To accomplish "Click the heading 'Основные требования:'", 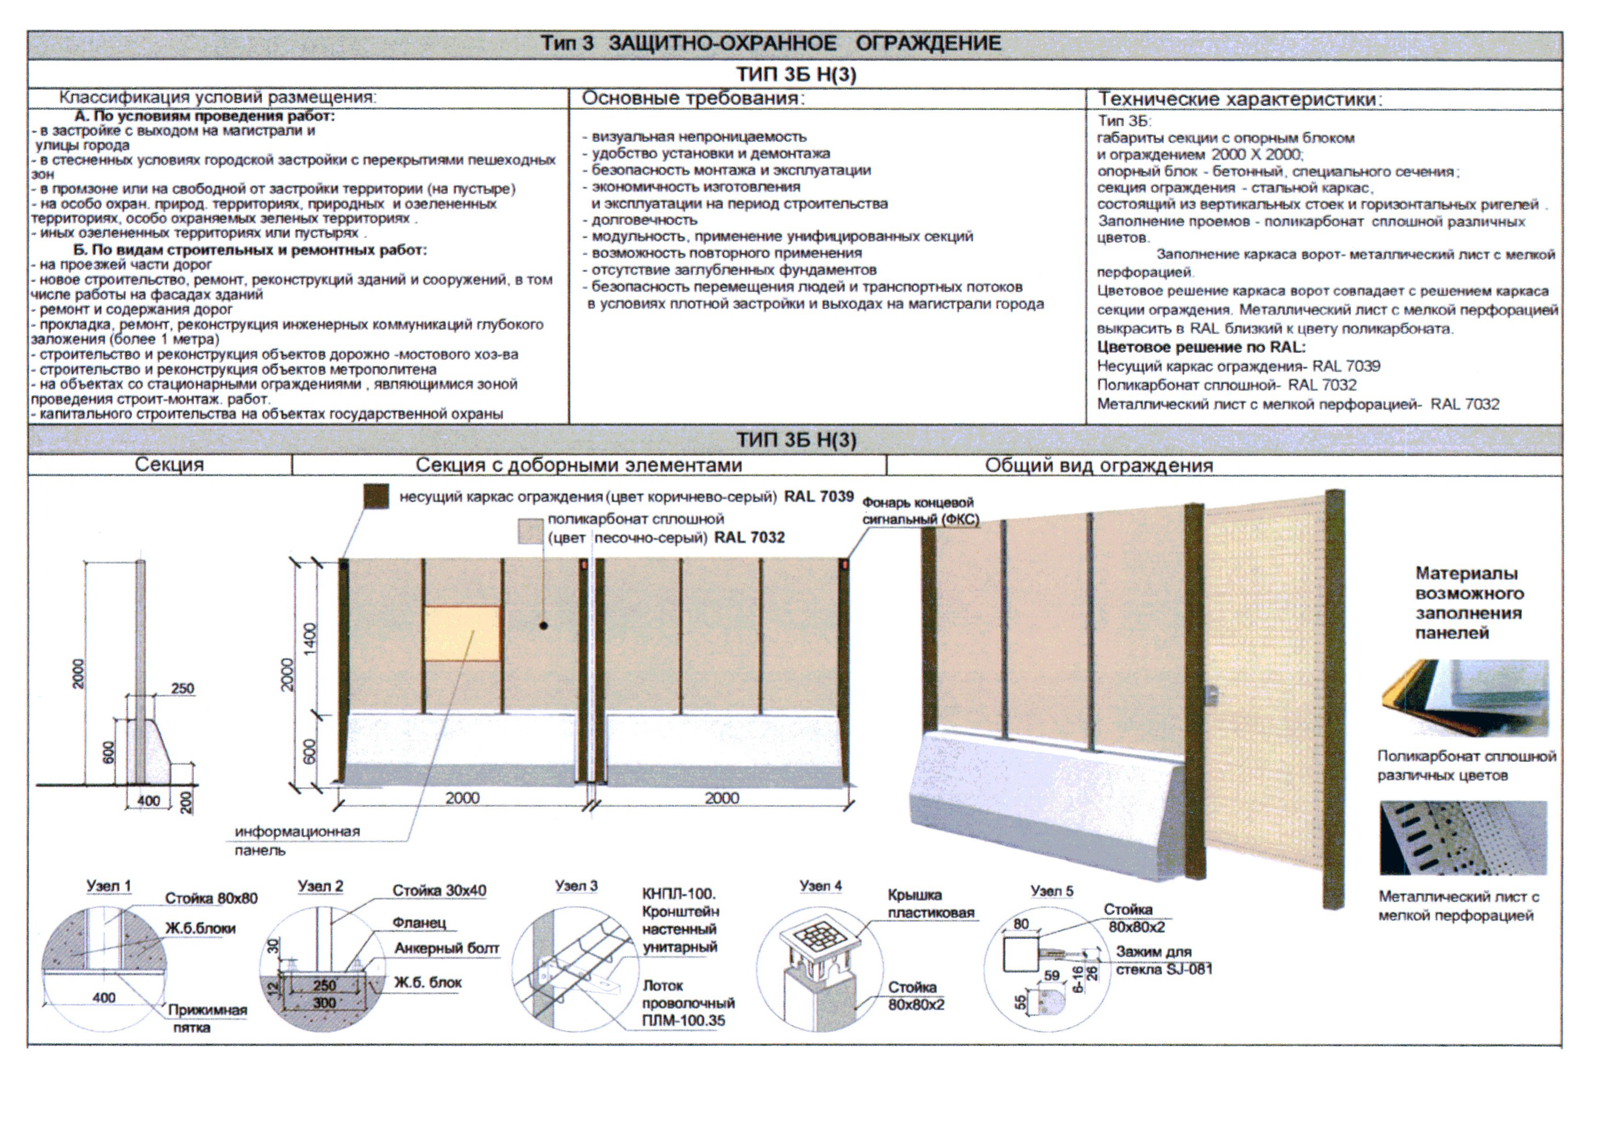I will point(693,98).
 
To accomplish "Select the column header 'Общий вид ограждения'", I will point(1098,466).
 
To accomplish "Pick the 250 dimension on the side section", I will point(183,689).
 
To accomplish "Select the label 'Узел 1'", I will point(109,886).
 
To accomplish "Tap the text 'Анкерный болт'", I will point(446,948).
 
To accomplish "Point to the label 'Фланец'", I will point(418,923).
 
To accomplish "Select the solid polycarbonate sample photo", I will point(1464,697).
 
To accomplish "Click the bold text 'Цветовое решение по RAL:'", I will point(1201,348).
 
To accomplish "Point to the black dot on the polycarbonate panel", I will point(543,626).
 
